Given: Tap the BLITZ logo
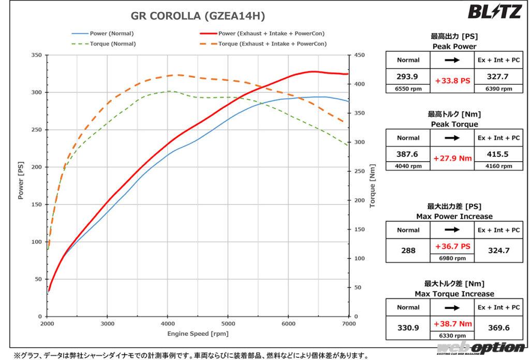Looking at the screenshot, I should [x=494, y=11].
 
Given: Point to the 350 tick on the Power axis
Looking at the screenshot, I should [x=37, y=55].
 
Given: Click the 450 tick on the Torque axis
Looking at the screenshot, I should [x=359, y=55].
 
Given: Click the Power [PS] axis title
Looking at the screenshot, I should [x=21, y=180].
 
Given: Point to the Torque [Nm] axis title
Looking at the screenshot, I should [x=372, y=186].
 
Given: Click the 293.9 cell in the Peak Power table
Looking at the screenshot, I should [x=408, y=76].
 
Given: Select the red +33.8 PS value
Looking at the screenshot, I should [x=452, y=81].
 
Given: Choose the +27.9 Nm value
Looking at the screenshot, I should [x=452, y=159].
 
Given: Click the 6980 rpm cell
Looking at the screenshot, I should [x=452, y=258].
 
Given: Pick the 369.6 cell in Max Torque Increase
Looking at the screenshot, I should [x=498, y=327].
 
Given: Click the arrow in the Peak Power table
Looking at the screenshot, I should [x=452, y=61].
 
